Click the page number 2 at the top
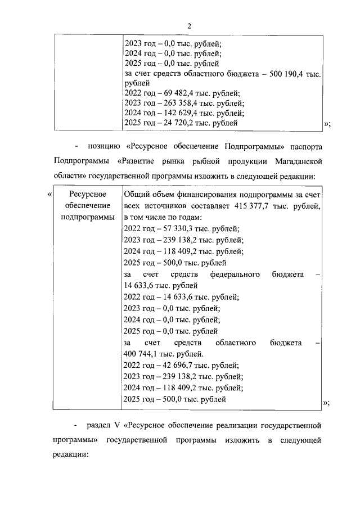pyautogui.click(x=190, y=26)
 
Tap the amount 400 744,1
pyautogui.click(x=142, y=354)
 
